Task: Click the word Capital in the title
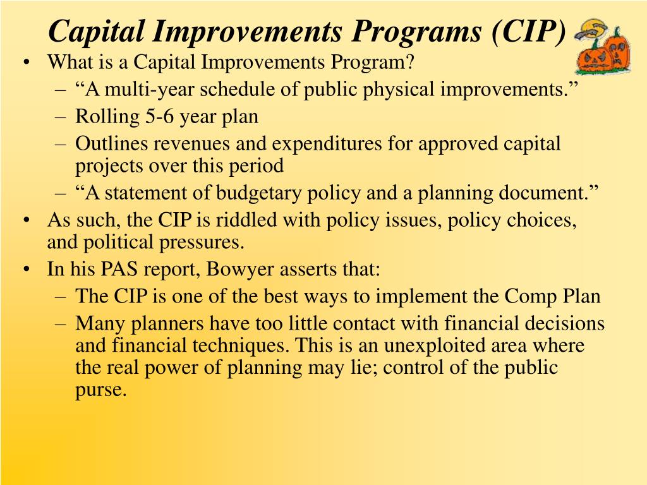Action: coord(96,32)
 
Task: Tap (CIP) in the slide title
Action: coord(528,32)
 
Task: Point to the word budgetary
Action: coord(258,193)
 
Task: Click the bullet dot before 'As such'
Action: coord(27,220)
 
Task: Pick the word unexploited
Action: coord(435,346)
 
